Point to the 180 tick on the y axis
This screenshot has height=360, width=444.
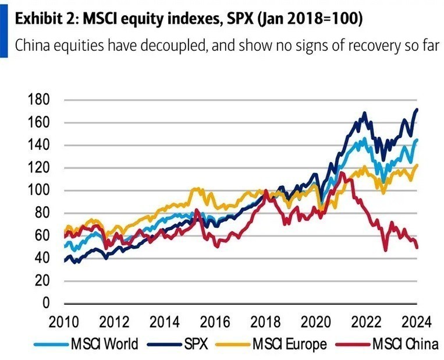pyautogui.click(x=38, y=100)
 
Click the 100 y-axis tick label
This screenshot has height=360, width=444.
pyautogui.click(x=38, y=190)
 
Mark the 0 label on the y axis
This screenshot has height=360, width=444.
pyautogui.click(x=45, y=303)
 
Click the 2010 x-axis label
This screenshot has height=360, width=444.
pyautogui.click(x=63, y=321)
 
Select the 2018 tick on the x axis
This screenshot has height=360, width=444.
pyautogui.click(x=266, y=321)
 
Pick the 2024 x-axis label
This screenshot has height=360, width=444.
pyautogui.click(x=417, y=321)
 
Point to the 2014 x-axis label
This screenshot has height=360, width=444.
pyautogui.click(x=165, y=321)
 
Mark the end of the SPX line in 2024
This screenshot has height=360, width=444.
pyautogui.click(x=417, y=110)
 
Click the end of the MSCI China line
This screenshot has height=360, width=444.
pyautogui.click(x=417, y=248)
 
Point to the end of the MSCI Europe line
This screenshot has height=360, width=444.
pyautogui.click(x=417, y=165)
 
